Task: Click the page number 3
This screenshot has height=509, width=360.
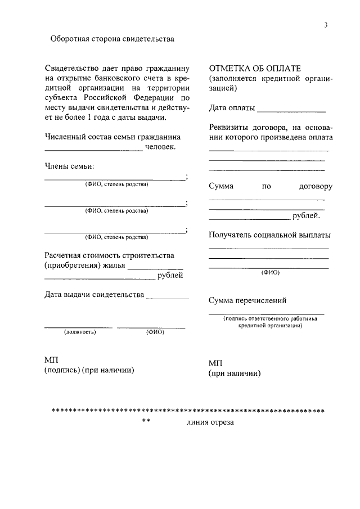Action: [326, 25]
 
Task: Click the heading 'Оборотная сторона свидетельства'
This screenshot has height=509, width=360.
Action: [112, 39]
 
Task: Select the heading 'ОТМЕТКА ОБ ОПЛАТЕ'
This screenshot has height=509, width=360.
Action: [255, 68]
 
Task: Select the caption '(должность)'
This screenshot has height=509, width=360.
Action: [80, 332]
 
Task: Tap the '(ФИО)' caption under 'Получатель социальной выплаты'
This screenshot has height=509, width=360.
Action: [270, 272]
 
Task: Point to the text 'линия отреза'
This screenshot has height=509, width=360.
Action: [209, 422]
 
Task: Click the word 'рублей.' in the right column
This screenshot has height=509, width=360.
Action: [307, 215]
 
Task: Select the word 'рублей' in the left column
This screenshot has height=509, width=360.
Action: [170, 276]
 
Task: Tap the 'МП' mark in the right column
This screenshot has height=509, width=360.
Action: [215, 363]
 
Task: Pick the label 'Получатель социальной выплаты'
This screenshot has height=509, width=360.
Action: [269, 235]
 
